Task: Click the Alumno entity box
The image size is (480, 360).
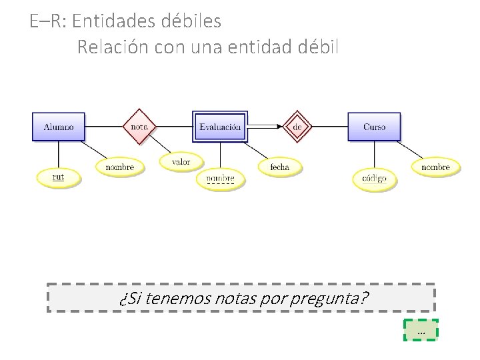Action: (x=59, y=127)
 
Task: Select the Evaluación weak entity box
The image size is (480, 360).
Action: (x=220, y=127)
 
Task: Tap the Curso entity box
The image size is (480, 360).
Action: (x=374, y=127)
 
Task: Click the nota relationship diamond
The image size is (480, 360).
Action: (x=139, y=127)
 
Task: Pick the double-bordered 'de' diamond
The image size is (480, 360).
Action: (x=298, y=127)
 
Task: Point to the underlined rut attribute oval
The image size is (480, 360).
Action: (x=58, y=177)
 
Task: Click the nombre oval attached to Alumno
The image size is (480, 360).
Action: (x=120, y=167)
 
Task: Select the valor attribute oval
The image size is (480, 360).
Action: (x=181, y=161)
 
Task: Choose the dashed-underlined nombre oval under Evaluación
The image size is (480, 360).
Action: (x=220, y=179)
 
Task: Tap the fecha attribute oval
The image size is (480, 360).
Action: (x=280, y=167)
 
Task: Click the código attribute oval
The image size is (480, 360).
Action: (x=374, y=178)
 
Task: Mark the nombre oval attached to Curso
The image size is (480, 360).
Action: (x=435, y=167)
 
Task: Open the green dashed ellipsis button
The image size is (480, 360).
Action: (x=421, y=330)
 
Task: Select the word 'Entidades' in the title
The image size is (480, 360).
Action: (x=114, y=21)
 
